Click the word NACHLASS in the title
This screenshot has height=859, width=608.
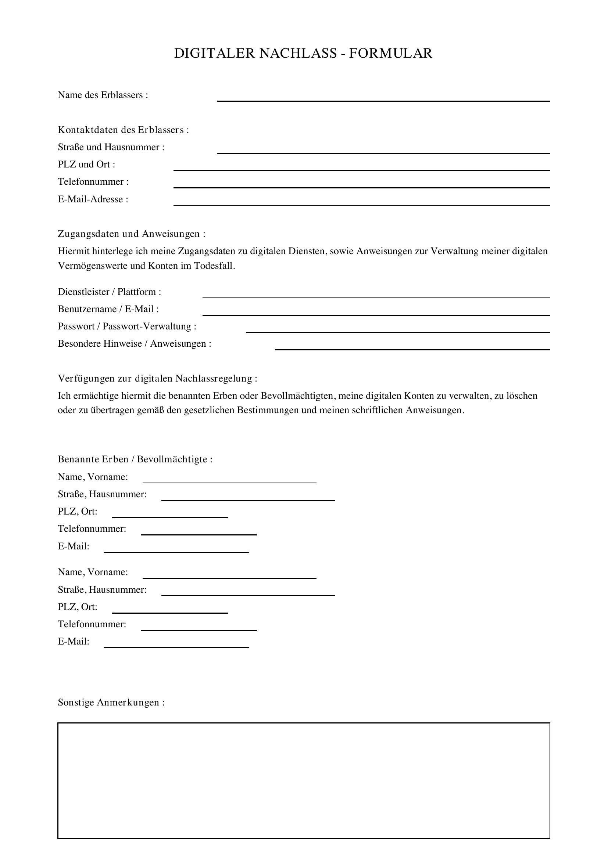tap(298, 53)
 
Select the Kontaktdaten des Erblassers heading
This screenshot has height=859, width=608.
tap(123, 130)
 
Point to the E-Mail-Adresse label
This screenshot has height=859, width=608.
tap(93, 199)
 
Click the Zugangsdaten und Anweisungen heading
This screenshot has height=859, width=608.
tap(131, 234)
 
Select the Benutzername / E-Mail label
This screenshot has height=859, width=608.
tap(108, 309)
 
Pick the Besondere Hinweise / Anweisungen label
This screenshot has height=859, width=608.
tap(135, 343)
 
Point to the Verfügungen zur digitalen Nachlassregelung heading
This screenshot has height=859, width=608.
tap(158, 379)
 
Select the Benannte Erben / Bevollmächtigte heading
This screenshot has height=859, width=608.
tap(135, 459)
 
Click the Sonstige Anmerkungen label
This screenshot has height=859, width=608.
tap(111, 703)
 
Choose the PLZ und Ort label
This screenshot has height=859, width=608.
tap(86, 164)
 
